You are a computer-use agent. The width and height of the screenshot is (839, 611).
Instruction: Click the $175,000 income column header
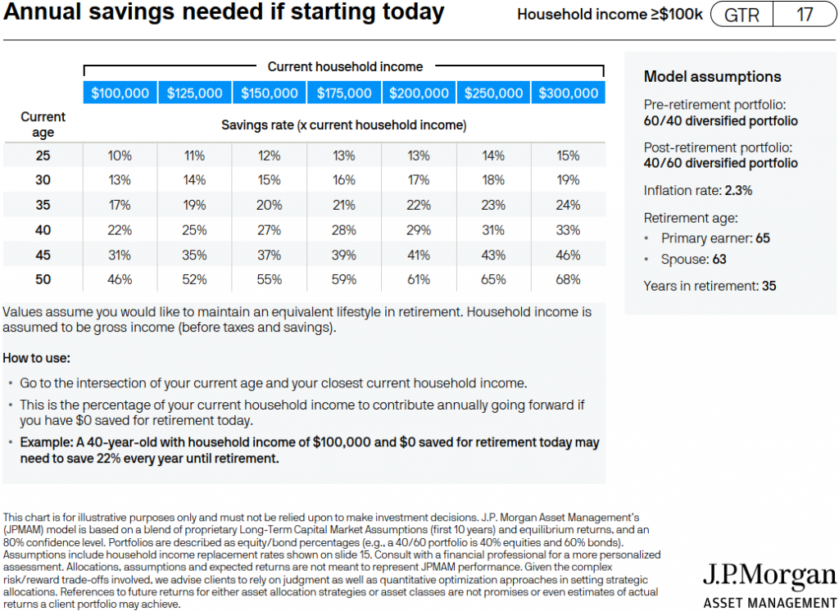click(344, 93)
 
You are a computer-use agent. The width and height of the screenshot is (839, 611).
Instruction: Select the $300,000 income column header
click(569, 93)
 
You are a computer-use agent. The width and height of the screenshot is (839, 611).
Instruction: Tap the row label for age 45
click(43, 255)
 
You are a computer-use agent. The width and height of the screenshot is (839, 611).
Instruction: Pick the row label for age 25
click(43, 156)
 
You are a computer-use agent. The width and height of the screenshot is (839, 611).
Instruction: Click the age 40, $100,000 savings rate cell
click(120, 230)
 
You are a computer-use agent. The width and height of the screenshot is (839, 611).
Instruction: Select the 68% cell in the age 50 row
click(568, 279)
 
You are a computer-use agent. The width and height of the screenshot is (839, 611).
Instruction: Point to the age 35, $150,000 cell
click(269, 205)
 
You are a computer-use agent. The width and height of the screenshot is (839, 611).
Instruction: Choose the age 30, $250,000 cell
click(492, 179)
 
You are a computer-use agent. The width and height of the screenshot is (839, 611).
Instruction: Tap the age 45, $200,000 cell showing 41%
click(419, 255)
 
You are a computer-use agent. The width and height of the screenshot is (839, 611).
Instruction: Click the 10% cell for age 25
click(120, 156)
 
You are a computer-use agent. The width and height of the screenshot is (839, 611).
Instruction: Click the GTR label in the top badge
click(741, 15)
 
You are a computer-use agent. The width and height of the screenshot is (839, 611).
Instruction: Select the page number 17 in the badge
click(805, 15)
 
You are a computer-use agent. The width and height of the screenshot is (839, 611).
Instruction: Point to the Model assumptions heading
click(712, 76)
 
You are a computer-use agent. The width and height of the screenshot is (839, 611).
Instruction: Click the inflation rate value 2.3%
click(738, 191)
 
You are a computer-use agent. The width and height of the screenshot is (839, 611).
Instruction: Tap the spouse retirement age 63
click(719, 260)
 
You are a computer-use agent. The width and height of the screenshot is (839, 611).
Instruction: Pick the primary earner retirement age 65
click(763, 238)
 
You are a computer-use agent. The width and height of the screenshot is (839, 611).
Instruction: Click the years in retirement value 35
click(769, 286)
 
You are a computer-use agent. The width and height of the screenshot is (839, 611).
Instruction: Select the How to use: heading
click(36, 358)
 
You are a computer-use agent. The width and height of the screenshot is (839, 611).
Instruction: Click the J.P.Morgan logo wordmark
click(769, 577)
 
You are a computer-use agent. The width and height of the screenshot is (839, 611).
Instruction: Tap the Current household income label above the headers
click(345, 66)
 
